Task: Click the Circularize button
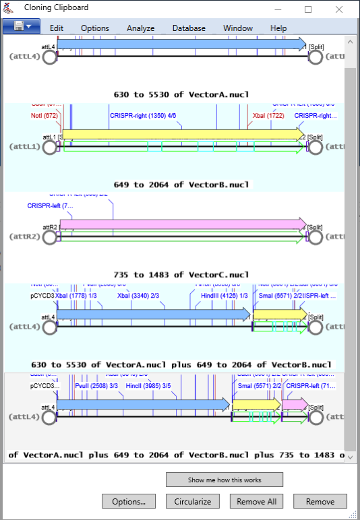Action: point(193,501)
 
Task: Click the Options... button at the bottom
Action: point(129,501)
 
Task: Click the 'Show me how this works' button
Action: point(224,480)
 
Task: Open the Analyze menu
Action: point(141,28)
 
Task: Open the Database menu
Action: point(189,28)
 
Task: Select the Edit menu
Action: point(57,28)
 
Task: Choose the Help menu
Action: point(278,28)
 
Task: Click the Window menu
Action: point(238,28)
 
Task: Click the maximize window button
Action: point(308,9)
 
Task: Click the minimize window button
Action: point(277,9)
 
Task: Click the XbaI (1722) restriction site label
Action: point(268,116)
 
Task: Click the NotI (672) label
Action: point(44,116)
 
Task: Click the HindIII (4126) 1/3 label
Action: point(224,296)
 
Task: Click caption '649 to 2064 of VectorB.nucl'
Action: point(181,185)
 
